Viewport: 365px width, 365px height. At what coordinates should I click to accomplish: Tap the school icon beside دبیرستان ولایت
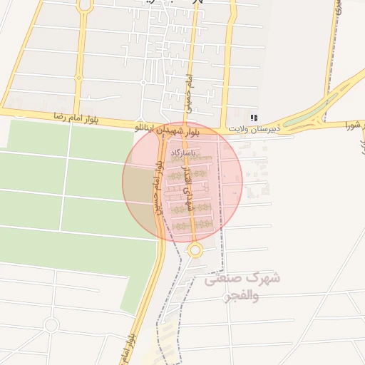tap(254, 118)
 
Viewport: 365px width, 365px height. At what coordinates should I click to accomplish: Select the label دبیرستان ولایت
tap(255, 129)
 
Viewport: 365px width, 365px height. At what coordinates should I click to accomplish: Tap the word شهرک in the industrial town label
tap(264, 277)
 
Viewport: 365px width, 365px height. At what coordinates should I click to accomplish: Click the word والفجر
tap(224, 297)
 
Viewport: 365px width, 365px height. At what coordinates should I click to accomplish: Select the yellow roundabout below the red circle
tap(195, 250)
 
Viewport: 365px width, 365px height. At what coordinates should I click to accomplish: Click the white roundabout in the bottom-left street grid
tap(51, 326)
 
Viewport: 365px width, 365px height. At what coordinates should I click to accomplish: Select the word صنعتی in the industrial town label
tap(231, 279)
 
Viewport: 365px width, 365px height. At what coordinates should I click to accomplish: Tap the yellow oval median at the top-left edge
tap(86, 5)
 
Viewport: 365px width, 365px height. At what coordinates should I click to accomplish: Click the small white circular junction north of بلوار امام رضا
tap(143, 83)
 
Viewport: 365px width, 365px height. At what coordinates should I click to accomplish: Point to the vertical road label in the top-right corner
tap(337, 9)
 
